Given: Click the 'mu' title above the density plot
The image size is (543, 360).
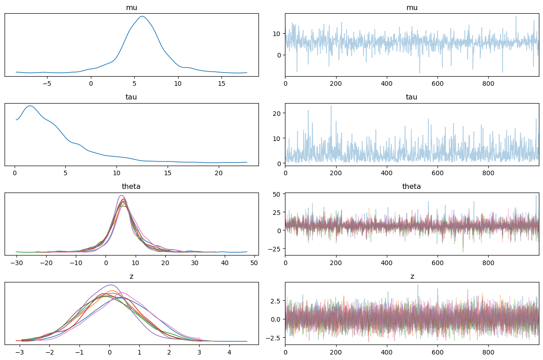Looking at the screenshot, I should [x=132, y=8].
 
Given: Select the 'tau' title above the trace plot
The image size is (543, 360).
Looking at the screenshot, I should [x=411, y=97].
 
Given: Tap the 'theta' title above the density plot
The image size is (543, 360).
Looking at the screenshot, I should [x=132, y=186].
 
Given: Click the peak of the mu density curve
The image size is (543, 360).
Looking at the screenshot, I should [x=142, y=16].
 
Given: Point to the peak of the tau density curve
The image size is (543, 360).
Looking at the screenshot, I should [x=30, y=106].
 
